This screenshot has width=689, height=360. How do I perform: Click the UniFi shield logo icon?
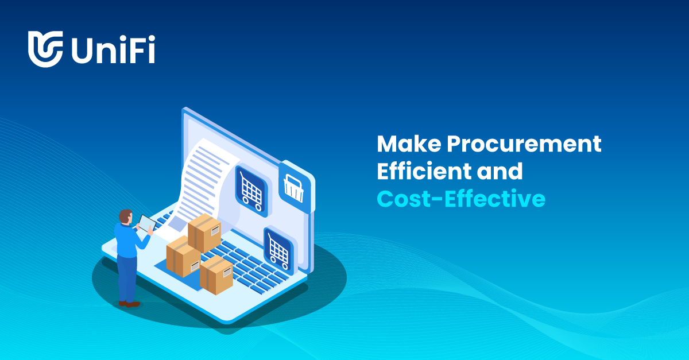[x=45, y=49]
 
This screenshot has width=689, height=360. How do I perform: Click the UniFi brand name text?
[x=113, y=49]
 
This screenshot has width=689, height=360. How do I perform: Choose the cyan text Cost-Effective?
[x=461, y=198]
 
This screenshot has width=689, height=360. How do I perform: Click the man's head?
[x=125, y=216]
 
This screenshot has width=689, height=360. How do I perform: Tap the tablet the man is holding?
[x=147, y=222]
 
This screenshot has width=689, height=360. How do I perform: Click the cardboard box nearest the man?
[x=183, y=256]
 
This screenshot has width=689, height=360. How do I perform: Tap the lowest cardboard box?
[x=216, y=275]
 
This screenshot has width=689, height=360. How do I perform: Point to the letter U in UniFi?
[x=82, y=49]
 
